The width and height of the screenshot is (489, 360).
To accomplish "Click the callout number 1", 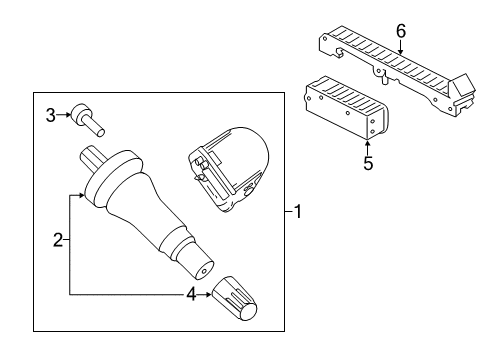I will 298,211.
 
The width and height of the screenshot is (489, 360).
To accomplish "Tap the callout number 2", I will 58,239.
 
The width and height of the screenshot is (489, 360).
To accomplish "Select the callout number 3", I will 50,116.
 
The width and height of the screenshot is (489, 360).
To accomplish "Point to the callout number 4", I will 189,294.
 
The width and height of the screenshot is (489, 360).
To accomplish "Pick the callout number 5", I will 368,162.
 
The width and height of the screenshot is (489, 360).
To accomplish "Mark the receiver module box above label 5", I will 342,106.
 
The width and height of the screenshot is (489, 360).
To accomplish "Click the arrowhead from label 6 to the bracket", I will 401,50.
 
